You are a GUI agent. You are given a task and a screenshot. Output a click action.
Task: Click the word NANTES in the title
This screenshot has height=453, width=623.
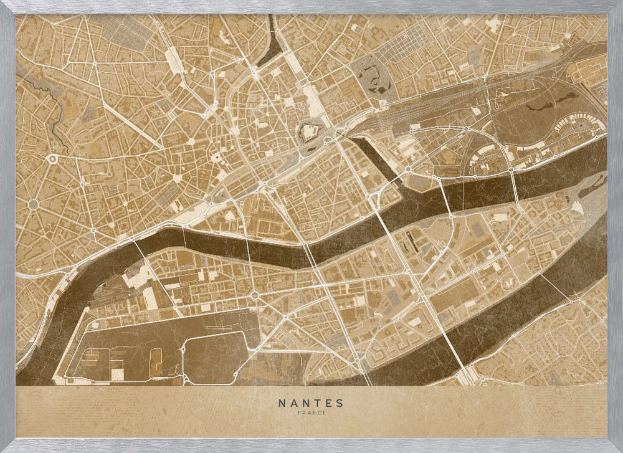click(311, 403)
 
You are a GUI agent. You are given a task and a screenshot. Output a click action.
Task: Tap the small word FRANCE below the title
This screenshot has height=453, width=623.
click(311, 412)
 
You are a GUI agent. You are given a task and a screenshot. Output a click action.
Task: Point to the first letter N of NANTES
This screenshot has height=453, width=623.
click(282, 403)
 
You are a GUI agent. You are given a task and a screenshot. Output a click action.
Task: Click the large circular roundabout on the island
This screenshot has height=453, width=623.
click(255, 295)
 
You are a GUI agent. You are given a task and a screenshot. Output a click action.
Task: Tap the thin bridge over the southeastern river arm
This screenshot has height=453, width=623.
click(551, 287)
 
